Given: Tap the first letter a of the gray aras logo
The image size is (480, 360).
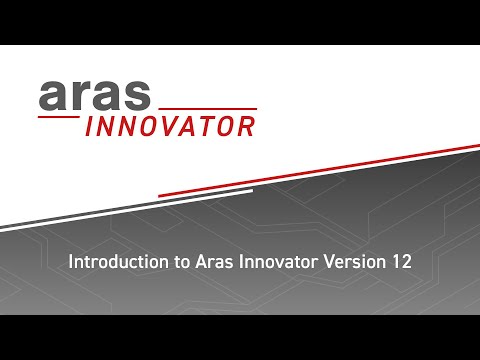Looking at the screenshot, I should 53,96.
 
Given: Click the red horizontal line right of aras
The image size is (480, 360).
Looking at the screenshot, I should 208,108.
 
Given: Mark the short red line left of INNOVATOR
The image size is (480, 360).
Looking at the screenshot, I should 58,118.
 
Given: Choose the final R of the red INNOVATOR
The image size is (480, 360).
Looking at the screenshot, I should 243,126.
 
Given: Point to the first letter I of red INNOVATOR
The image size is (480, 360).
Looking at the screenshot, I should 90,126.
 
